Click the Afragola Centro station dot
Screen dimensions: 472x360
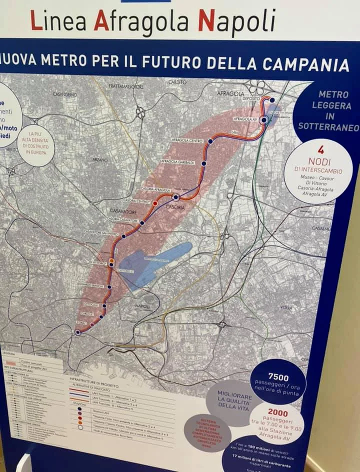coord(210,141)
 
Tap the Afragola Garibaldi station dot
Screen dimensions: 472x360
coord(204,163)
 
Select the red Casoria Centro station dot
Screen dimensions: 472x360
coord(155,203)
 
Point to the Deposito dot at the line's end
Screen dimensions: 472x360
coord(272,100)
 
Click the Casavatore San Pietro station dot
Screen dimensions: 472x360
coord(123,236)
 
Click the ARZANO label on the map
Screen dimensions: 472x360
coord(100,160)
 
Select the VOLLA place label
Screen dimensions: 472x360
coord(286,308)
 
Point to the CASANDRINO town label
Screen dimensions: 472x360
coord(65,94)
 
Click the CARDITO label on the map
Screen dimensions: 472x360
coord(177,81)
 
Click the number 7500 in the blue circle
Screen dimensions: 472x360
coord(278,376)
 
